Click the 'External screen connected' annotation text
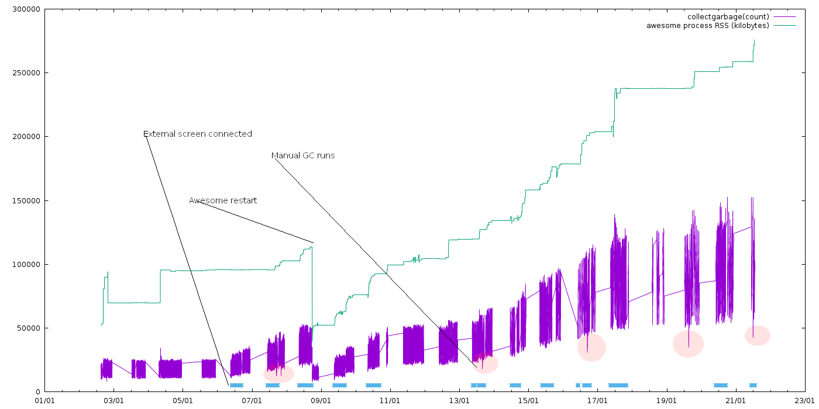point(198,134)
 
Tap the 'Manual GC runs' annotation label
point(303,155)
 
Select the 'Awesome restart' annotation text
point(223,200)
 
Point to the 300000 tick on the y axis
point(26,9)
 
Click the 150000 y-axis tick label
point(26,200)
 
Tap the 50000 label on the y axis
point(29,328)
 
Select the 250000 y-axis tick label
point(26,72)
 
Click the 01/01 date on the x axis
point(44,401)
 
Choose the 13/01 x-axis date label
point(459,401)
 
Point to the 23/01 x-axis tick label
point(805,401)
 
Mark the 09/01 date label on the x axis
point(321,401)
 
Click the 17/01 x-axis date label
point(597,401)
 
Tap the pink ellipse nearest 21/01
point(758,335)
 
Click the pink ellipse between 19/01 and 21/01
point(688,344)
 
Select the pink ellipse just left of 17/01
point(591,348)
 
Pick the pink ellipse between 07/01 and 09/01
point(278,373)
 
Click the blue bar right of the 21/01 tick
point(753,385)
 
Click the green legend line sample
point(784,26)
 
